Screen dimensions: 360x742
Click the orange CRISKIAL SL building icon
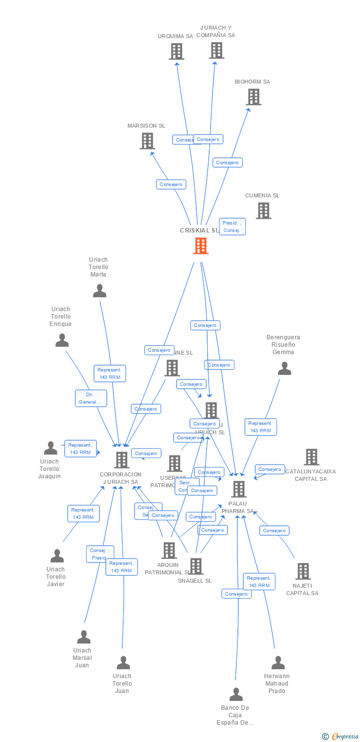coord(200,246)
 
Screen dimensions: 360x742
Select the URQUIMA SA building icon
coord(176,51)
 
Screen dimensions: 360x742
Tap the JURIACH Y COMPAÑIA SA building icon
coord(216,50)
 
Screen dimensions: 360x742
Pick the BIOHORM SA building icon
coord(254,97)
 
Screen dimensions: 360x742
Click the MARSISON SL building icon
coord(147,141)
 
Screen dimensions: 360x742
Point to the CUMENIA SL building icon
coord(264,211)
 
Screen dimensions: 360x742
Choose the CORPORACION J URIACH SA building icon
coord(121,460)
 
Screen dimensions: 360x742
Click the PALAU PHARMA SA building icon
coord(239,489)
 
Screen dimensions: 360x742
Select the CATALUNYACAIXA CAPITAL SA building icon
coord(311,457)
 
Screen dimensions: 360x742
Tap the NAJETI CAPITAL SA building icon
coord(303,571)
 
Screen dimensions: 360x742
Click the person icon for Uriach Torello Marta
coord(99,291)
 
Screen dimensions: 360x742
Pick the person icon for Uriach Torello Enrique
coord(62,340)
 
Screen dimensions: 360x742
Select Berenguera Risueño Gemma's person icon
coord(284,369)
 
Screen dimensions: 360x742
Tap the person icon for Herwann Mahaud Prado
coord(278,663)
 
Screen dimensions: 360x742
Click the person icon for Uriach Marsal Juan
coord(84,637)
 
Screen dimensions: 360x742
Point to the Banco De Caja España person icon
coord(236,695)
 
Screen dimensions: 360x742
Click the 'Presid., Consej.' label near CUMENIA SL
coord(232,227)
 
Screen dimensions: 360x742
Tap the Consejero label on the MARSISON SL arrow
coord(171,185)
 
